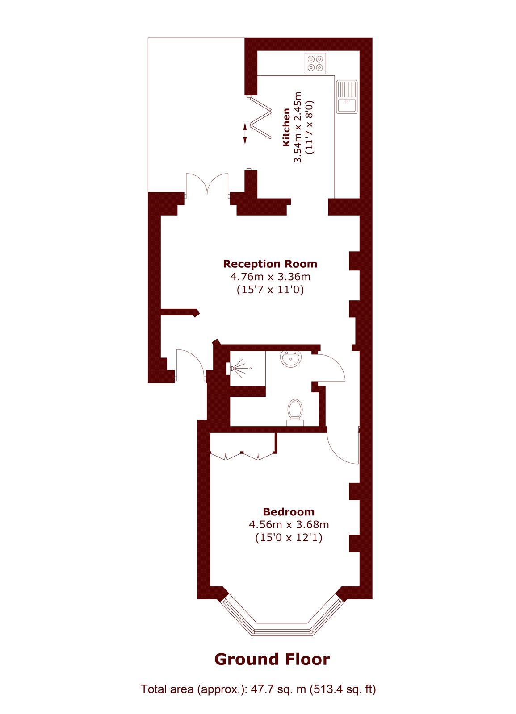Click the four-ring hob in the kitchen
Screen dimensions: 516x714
(x=315, y=63)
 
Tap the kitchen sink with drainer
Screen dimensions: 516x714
(x=347, y=96)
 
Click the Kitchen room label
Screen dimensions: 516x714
(x=286, y=128)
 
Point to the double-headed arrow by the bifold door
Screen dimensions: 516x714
(x=245, y=133)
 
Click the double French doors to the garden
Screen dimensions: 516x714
(x=207, y=185)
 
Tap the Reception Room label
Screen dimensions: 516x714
(x=270, y=264)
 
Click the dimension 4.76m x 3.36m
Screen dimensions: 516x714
(x=270, y=276)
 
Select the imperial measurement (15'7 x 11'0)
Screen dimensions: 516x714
(x=270, y=290)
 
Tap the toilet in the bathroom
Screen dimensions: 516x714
(x=295, y=412)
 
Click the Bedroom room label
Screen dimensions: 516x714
(x=289, y=512)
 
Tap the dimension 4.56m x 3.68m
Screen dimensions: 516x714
(x=289, y=524)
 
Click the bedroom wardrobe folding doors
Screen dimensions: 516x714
(x=242, y=456)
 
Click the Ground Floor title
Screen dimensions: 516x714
(x=272, y=660)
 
